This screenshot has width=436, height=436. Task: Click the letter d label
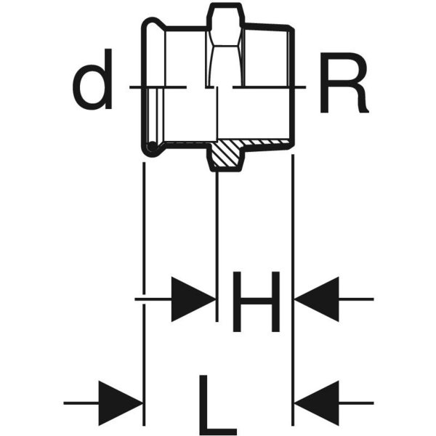pos(92,79)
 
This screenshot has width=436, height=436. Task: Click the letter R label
pos(344,83)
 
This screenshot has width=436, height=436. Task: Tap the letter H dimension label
pos(256,302)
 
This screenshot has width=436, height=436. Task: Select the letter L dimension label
pos(218,405)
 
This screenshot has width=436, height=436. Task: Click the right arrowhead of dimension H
pos(317,299)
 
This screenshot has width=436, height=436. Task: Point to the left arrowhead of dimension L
pos(121,403)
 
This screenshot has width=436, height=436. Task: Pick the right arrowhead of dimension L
pos(317,403)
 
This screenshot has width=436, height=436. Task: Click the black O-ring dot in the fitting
pos(153,146)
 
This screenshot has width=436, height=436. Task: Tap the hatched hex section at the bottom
pos(226,154)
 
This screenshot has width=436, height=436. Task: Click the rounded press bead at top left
pos(153,25)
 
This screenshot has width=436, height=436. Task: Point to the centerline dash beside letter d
pos(158,87)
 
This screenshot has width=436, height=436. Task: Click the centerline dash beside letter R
pos(269,87)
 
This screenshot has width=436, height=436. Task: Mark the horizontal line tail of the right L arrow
pos(357,403)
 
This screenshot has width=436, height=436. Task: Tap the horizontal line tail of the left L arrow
pos(81,403)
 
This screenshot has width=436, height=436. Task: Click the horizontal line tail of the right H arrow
pos(357,299)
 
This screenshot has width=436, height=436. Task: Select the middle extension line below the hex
pos(217,246)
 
